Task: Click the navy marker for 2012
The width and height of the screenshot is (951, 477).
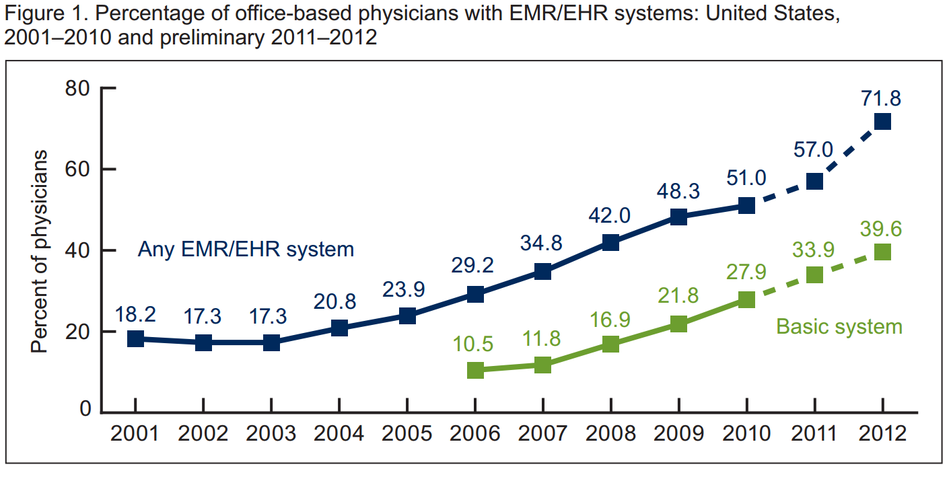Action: pos(882,122)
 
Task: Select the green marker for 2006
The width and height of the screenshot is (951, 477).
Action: pos(475,370)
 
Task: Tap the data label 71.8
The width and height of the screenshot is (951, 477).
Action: pos(881,98)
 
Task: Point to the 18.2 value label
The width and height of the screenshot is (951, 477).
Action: pos(135,314)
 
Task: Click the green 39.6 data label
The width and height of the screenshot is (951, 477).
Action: pos(881,228)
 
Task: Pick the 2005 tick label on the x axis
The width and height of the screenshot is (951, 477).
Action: pos(407,433)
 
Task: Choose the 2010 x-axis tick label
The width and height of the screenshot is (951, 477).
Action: pos(746,433)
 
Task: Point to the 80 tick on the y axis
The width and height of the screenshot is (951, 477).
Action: pos(79,89)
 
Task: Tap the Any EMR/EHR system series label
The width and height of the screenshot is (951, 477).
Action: pos(246,250)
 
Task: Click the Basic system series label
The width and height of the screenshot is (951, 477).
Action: pos(839,327)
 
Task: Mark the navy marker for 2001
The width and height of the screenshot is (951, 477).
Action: pos(135,338)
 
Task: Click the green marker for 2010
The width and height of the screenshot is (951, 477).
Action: pos(746,300)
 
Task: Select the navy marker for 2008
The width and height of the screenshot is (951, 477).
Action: pos(610,243)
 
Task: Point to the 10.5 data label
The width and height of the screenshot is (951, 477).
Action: pos(474,345)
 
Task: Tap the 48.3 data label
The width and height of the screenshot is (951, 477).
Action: pos(678,191)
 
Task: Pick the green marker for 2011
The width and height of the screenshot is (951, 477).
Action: pos(814,275)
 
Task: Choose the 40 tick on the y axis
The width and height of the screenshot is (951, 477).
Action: pos(79,251)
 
